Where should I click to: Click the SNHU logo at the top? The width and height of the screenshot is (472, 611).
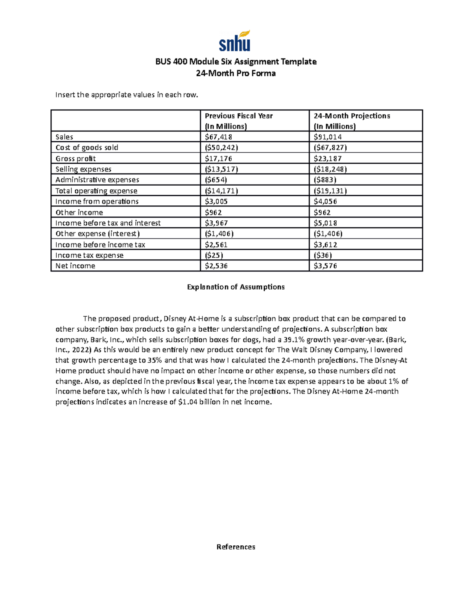tap(234, 41)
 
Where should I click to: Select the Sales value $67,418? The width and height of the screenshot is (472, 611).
tap(218, 137)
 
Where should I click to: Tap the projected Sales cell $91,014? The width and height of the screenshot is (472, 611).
tap(327, 137)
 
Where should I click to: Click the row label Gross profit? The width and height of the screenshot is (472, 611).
tap(76, 159)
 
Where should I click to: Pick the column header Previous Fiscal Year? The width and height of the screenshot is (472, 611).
tap(238, 116)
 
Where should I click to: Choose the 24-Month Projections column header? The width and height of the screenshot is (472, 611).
tap(352, 116)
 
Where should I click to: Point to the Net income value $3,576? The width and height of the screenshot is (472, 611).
tap(325, 266)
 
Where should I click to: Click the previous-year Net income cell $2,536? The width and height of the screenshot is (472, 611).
tap(216, 266)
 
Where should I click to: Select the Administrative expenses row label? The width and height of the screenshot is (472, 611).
tap(97, 180)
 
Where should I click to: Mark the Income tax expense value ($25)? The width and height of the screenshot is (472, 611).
tap(214, 255)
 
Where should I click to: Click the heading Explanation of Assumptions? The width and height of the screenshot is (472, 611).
tap(236, 287)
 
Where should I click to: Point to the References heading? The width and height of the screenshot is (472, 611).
tap(236, 547)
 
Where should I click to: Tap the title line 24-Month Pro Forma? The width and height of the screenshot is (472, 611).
tap(236, 73)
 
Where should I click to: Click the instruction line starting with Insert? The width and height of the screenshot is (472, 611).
tap(126, 95)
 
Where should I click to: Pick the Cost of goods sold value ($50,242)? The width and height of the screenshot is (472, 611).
tap(221, 148)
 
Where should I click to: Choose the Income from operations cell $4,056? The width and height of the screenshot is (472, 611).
tap(325, 201)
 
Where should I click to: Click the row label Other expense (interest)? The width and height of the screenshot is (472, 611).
tap(98, 234)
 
